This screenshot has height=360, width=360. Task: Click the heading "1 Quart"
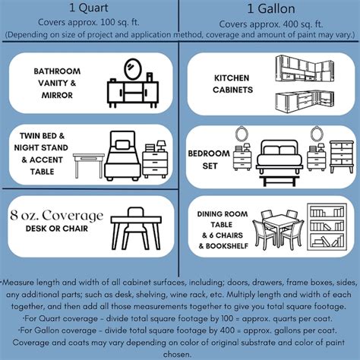pyautogui.click(x=89, y=8)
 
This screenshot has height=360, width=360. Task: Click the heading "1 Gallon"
pyautogui.click(x=271, y=9)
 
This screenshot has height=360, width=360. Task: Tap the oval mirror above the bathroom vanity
pyautogui.click(x=132, y=69)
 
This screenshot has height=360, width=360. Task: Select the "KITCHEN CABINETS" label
pyautogui.click(x=232, y=84)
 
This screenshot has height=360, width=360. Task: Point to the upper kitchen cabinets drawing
pyautogui.click(x=304, y=68)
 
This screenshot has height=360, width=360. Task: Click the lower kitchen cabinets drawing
pyautogui.click(x=305, y=101)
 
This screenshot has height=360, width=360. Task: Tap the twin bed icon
pyautogui.click(x=123, y=156)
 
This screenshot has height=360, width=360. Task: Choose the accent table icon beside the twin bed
pyautogui.click(x=89, y=166)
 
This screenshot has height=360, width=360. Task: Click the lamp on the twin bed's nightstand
pyautogui.click(x=161, y=146)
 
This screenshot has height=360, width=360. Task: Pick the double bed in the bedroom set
pyautogui.click(x=279, y=156)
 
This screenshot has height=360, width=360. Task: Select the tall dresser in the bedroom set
pyautogui.click(x=342, y=157)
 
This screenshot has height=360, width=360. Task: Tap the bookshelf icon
pyautogui.click(x=327, y=226)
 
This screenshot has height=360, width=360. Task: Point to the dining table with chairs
pyautogui.click(x=278, y=228)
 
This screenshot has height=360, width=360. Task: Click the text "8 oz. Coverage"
pyautogui.click(x=57, y=216)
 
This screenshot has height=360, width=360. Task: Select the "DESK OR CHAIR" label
pyautogui.click(x=57, y=229)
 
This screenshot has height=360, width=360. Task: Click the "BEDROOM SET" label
pyautogui.click(x=209, y=159)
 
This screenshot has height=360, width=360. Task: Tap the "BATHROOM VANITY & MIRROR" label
pyautogui.click(x=57, y=83)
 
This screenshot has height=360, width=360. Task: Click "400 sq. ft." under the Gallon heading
pyautogui.click(x=296, y=24)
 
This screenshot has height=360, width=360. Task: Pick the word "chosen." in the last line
pyautogui.click(x=177, y=354)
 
